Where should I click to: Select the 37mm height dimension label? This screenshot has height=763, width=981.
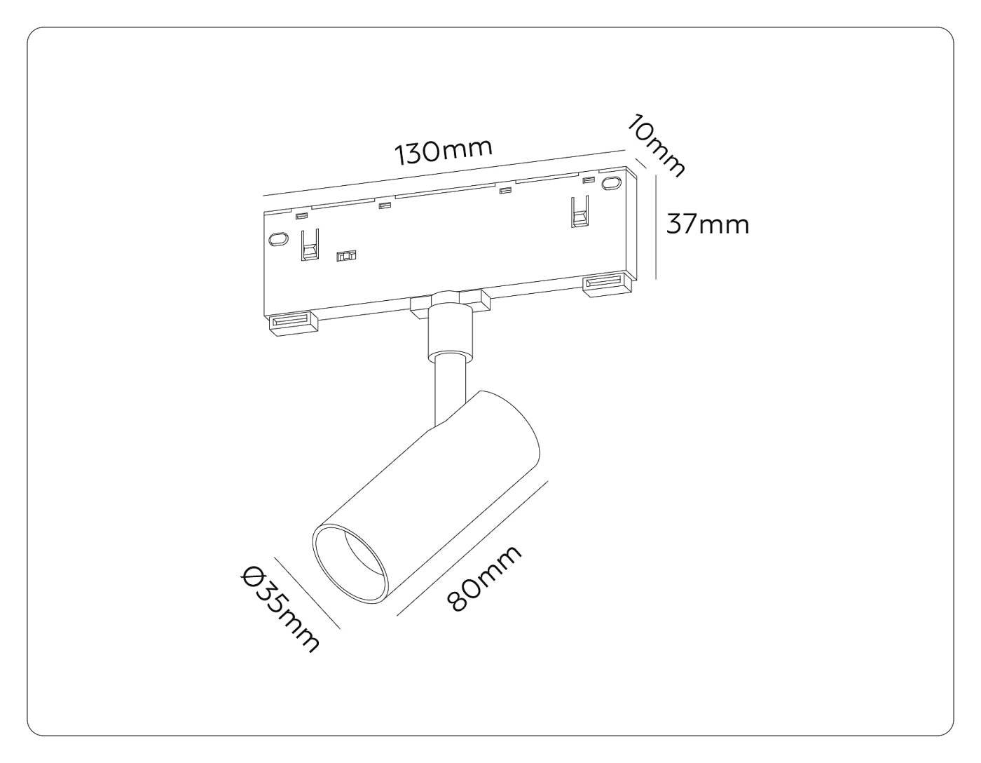[x=707, y=224]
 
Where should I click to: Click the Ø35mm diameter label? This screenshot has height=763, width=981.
[x=281, y=609]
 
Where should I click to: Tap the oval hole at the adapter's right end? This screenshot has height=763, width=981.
[x=612, y=184]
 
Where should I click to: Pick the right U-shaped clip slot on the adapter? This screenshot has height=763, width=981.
[x=579, y=212]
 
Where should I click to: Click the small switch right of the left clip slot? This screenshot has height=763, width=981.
[x=345, y=257]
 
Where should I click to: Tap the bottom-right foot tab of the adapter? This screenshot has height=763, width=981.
[x=607, y=283]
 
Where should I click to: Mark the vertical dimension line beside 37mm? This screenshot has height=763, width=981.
[x=656, y=228]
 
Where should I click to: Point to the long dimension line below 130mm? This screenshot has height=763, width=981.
[x=444, y=174]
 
